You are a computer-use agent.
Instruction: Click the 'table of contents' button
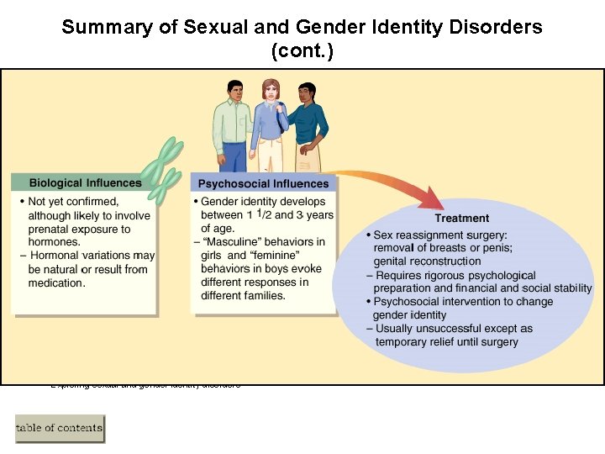coord(60,428)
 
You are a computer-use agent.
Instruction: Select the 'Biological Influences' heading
coord(85,182)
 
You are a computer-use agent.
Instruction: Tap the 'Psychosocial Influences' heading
coord(263,183)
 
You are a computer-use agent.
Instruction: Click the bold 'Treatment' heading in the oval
coord(461,219)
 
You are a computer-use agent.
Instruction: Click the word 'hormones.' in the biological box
coord(54,242)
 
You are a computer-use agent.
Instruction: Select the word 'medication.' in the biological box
coord(56,282)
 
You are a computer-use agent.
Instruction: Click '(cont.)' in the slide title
coord(302,50)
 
